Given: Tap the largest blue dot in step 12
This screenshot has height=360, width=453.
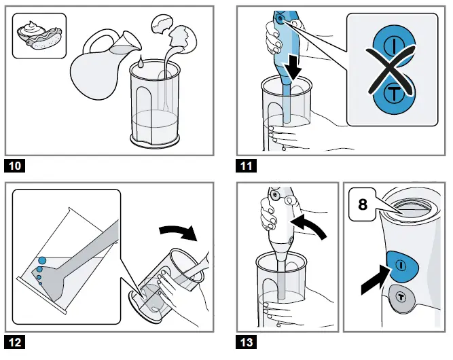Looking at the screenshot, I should click(42, 260).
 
